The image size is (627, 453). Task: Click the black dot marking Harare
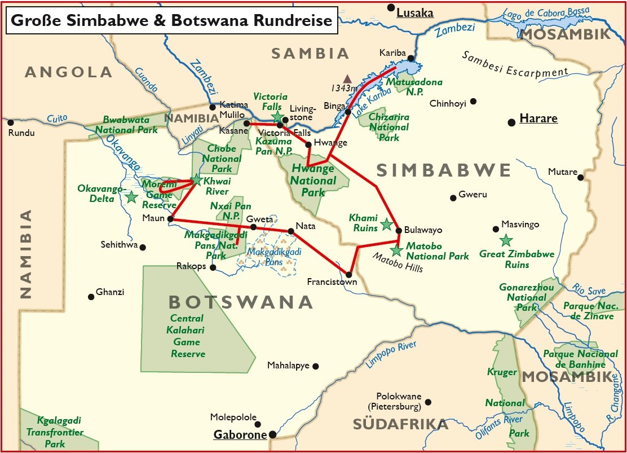[x=511, y=122]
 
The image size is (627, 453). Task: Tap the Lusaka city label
[x=415, y=13]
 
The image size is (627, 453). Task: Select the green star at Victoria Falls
[x=277, y=117]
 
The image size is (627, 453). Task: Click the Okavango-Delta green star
[x=131, y=197]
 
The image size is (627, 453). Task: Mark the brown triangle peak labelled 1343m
[x=348, y=79]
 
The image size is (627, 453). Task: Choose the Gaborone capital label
[x=240, y=435]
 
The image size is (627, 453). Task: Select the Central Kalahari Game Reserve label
[x=187, y=336]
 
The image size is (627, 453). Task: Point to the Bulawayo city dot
[x=399, y=230]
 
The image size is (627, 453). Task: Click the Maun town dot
[x=170, y=218]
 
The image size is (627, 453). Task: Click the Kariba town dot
[x=412, y=58]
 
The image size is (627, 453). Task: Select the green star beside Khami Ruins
[x=386, y=225]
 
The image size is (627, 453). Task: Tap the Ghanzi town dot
[x=91, y=297]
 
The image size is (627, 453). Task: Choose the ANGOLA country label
[x=68, y=72]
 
